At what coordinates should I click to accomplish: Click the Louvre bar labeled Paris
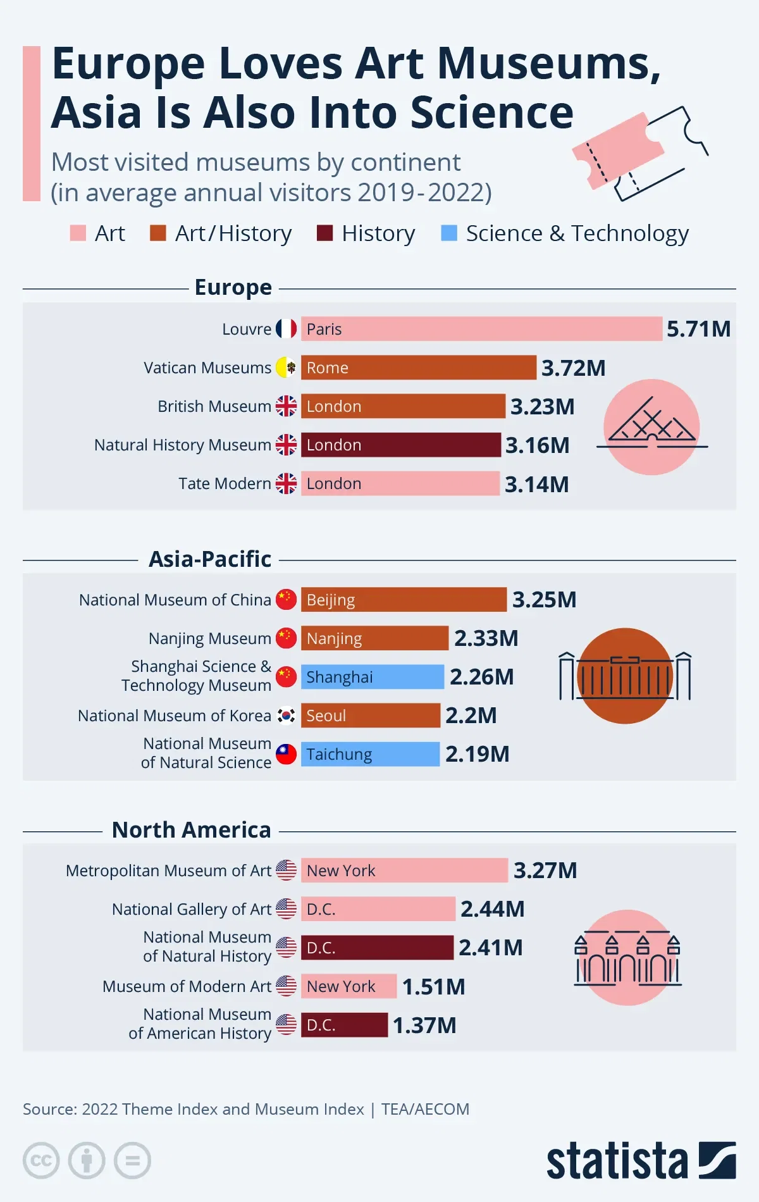coord(481,329)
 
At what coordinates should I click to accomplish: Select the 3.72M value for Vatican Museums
coord(573,368)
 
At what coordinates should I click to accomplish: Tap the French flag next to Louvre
coord(286,329)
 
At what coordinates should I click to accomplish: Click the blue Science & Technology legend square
coord(449,233)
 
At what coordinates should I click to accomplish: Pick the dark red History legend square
coord(324,233)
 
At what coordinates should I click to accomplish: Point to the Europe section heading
coord(233,287)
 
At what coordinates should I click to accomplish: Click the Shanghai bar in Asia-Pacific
coord(372,677)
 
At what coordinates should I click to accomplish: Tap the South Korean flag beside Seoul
coord(286,716)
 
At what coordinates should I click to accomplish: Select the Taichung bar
coord(370,754)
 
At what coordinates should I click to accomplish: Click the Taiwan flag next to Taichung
coord(286,754)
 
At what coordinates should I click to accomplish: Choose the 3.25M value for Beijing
coord(544,600)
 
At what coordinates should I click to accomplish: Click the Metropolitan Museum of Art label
coord(168,871)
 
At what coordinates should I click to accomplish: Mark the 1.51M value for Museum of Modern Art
coord(433,987)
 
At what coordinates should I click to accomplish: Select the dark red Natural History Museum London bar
coord(400,445)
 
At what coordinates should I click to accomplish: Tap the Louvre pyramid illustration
coord(651,427)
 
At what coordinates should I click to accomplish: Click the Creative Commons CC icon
coord(41,1161)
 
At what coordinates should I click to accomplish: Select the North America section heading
coord(191,830)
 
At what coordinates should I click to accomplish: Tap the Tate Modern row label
coord(225,484)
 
